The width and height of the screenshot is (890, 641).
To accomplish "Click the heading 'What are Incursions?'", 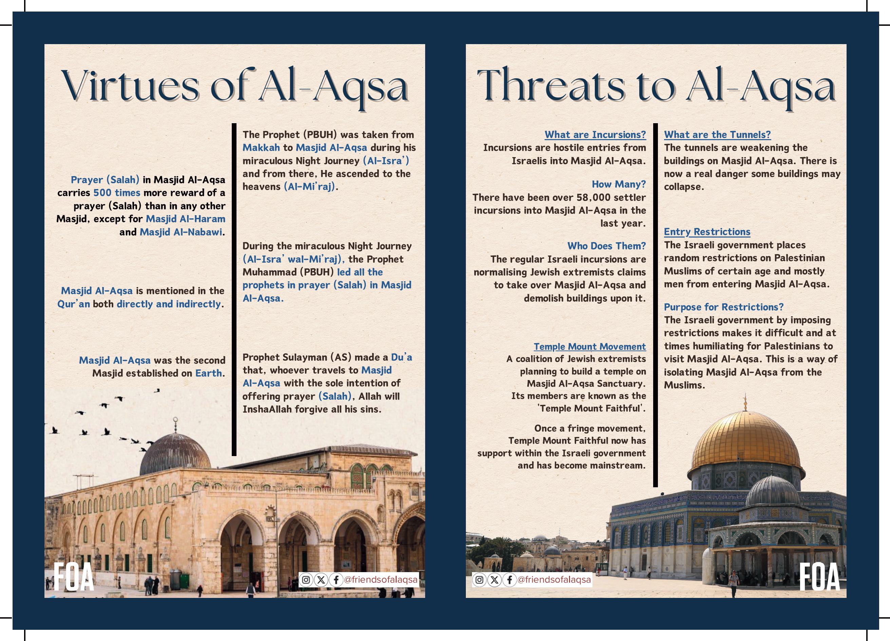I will (595, 135).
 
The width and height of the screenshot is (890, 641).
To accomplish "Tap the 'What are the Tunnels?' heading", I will (717, 135).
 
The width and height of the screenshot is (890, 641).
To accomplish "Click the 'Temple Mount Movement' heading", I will (589, 346).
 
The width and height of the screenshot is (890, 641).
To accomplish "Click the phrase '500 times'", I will (116, 193).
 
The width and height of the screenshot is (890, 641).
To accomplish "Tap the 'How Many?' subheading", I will (619, 184).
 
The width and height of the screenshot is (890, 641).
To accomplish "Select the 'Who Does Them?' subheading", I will (606, 246).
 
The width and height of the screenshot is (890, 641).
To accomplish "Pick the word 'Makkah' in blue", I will (261, 148).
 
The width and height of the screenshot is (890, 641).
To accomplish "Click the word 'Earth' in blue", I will (208, 373).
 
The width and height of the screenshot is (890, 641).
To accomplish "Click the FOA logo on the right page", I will (820, 577).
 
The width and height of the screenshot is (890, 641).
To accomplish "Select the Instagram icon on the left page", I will (306, 580).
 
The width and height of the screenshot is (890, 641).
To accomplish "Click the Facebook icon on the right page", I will (509, 580).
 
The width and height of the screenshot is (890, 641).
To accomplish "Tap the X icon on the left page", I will (321, 580).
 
